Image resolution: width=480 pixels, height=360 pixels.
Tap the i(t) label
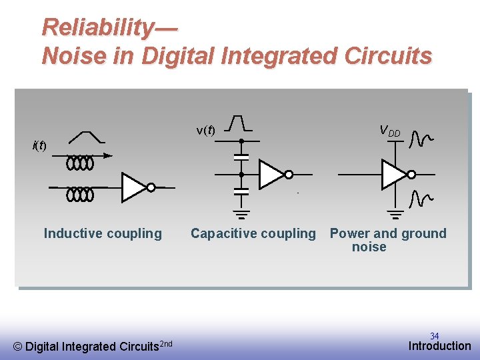coord(40,146)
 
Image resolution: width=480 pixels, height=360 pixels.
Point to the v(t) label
coord(205,131)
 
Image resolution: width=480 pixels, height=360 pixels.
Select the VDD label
coord(389,131)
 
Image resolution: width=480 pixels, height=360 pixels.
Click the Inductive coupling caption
coord(103,233)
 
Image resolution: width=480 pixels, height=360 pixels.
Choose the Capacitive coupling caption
coord(253,233)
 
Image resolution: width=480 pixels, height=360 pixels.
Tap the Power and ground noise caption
coord(387,240)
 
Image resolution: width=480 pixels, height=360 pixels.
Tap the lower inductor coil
coord(80,195)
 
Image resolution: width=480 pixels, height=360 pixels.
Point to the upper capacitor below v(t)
coord(241,157)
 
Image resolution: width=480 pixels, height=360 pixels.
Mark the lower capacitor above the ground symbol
coord(241,191)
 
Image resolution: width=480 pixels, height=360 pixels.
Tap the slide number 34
coord(434,336)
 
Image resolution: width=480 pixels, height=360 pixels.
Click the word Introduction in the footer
coord(439,346)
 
